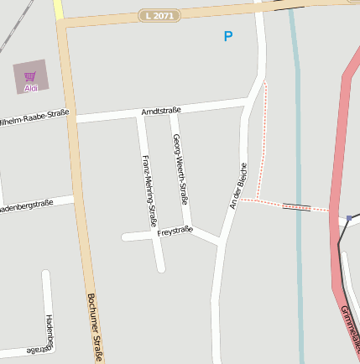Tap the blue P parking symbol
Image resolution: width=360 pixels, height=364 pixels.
[227, 36]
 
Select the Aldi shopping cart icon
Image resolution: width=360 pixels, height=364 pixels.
[30, 76]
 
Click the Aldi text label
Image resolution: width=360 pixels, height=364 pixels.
[30, 87]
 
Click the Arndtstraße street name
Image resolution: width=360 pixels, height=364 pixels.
[160, 111]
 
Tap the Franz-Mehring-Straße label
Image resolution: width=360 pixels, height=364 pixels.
[149, 191]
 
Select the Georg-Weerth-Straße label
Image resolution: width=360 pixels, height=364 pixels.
[180, 170]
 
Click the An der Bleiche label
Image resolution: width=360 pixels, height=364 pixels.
[238, 185]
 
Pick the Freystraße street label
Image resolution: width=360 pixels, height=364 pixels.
[175, 230]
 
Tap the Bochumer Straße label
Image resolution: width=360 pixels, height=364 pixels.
[95, 328]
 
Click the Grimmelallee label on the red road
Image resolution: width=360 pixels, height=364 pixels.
[350, 326]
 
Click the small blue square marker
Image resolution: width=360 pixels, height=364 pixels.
[349, 219]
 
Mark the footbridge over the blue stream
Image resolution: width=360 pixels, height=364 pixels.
[296, 206]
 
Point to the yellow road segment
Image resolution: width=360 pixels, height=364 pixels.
[58, 9]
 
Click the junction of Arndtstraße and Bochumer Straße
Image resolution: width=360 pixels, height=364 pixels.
[71, 120]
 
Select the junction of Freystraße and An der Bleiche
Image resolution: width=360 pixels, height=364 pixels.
[219, 243]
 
